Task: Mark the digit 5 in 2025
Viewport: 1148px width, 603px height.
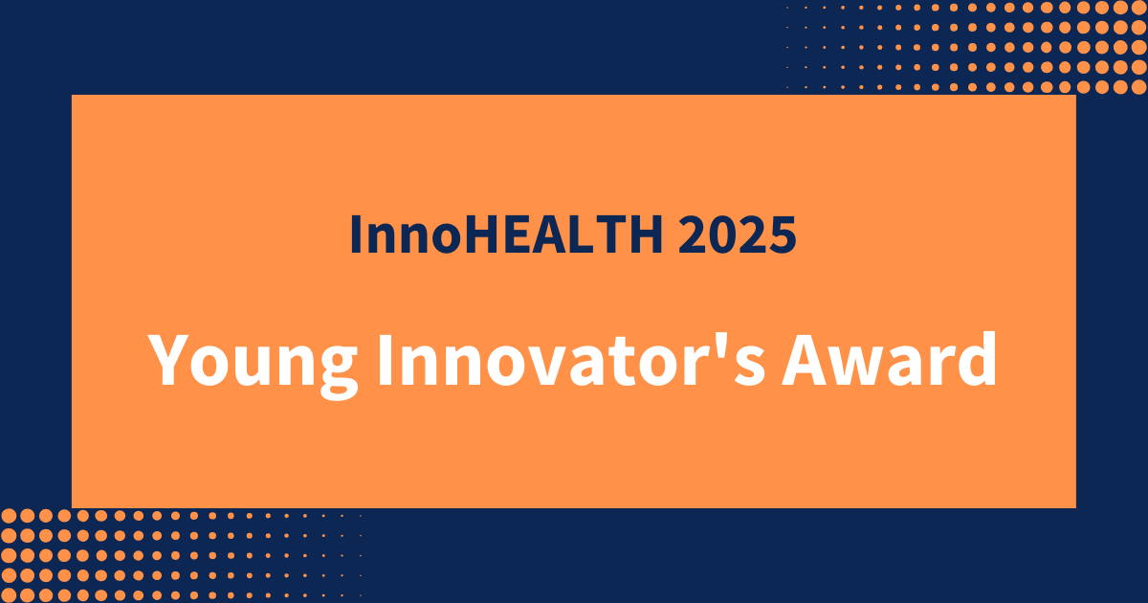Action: [783, 235]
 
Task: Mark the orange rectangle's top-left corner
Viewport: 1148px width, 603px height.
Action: [73, 96]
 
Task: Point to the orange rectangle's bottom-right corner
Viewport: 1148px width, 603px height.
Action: [1075, 506]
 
